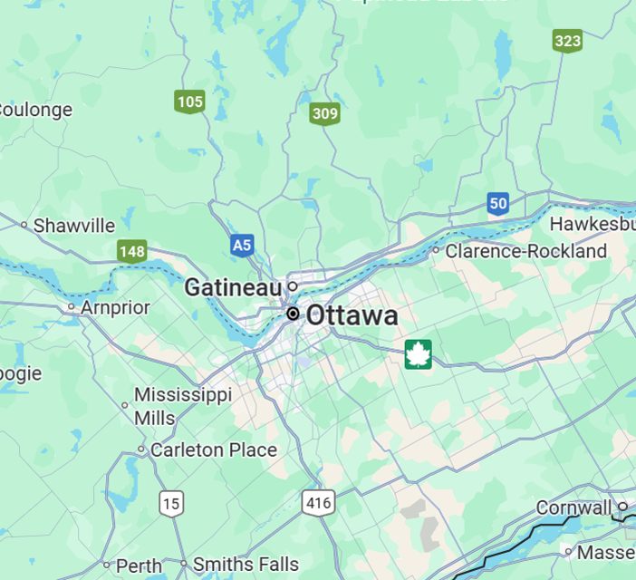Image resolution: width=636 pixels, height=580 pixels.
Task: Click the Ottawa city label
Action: tap(352, 315)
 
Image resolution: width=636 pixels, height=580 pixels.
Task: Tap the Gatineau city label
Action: tap(234, 288)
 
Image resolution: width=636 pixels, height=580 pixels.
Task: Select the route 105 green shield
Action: tap(190, 101)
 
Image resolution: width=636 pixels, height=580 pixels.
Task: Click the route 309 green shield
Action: tap(324, 114)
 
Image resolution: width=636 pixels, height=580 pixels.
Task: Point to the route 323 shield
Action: tap(567, 41)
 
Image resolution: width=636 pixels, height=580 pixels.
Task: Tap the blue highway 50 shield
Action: tap(497, 203)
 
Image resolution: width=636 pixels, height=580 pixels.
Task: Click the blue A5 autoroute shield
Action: tap(241, 245)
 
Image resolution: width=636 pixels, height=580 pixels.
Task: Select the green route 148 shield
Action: tap(132, 251)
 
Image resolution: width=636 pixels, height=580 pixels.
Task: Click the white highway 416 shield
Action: tap(319, 502)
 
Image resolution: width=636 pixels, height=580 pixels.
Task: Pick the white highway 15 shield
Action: tap(170, 502)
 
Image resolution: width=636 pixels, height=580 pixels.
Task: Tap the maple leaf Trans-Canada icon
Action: tap(419, 354)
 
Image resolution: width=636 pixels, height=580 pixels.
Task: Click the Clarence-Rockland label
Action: tap(525, 251)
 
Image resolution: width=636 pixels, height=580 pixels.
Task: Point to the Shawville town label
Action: tap(74, 226)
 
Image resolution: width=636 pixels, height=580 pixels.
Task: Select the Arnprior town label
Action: tap(115, 307)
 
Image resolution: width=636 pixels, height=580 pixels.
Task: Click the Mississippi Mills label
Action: tap(183, 406)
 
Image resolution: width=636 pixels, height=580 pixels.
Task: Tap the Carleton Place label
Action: tap(214, 449)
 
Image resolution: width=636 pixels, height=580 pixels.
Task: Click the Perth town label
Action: tap(140, 565)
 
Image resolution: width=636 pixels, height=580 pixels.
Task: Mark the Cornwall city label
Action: tap(573, 507)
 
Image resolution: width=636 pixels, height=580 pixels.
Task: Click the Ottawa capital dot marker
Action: tap(293, 314)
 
